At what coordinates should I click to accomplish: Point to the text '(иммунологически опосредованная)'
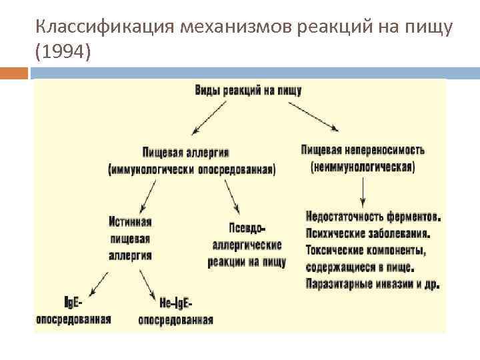pos(191,169)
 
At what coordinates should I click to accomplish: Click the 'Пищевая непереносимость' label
pos(363,150)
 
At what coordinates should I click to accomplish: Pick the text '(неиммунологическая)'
pos(363,167)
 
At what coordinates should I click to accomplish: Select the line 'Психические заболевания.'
pos(367,233)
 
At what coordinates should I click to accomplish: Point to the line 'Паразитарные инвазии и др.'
pos(373,285)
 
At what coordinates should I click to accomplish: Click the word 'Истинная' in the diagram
pos(131,221)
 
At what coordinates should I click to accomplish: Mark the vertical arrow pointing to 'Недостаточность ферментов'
pos(363,192)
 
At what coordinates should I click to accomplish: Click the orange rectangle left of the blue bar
pos(14,73)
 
